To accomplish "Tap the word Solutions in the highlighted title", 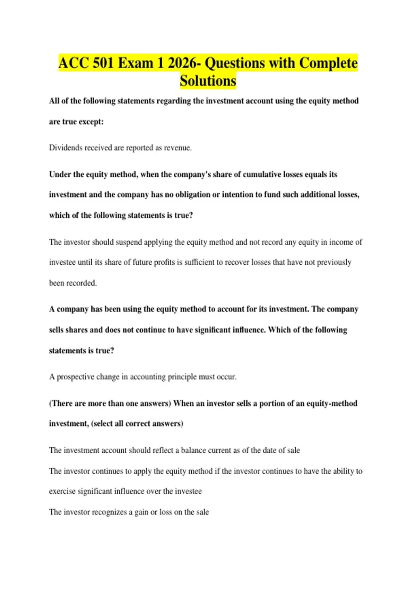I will pos(208,81).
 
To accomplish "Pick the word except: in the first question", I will pos(92,122).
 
